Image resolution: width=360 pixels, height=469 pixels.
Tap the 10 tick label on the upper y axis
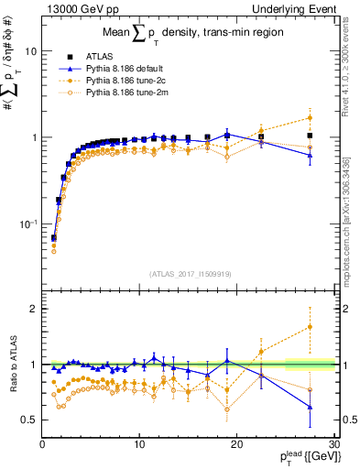30,51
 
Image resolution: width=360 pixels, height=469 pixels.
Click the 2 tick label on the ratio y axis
33,309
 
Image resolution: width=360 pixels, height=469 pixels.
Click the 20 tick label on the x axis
236,443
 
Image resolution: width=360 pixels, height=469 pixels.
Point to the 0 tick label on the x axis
43,443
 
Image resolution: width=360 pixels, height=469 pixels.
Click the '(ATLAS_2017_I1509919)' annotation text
189,273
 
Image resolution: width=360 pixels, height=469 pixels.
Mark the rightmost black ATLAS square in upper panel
311,136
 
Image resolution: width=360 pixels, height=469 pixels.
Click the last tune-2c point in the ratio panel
311,326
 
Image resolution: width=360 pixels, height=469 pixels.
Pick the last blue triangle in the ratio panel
311,407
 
